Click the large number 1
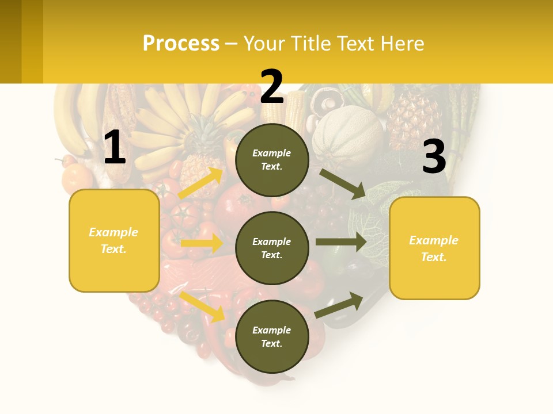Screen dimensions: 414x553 [115, 148]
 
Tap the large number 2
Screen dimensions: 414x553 [272, 87]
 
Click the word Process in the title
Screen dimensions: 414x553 [181, 43]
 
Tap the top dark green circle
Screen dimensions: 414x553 [272, 160]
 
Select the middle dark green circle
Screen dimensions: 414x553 [272, 248]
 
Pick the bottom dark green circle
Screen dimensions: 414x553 [272, 336]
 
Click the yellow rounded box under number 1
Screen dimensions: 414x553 [114, 240]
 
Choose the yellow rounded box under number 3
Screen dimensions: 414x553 [434, 248]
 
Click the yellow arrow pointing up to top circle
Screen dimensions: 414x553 [200, 183]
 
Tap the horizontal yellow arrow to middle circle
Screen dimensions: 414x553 [201, 243]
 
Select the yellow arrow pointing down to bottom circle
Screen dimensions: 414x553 [202, 306]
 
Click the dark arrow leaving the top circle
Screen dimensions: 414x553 [342, 183]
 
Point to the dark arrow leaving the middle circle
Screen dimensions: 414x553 [340, 241]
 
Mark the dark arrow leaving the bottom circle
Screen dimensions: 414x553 [339, 305]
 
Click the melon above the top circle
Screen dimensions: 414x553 [347, 136]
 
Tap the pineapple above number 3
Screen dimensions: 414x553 [414, 118]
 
